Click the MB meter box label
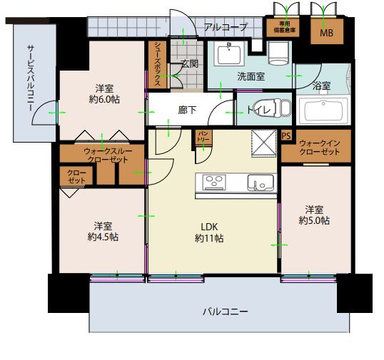click(x=326, y=33)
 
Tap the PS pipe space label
click(x=286, y=135)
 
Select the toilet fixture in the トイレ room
click(x=274, y=108)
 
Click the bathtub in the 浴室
click(x=323, y=111)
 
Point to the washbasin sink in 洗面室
click(x=229, y=53)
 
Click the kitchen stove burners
click(x=214, y=182)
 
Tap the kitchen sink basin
click(x=261, y=182)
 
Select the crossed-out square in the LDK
click(x=264, y=143)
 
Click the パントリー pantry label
click(x=203, y=136)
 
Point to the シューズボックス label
click(x=158, y=64)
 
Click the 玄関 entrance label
click(x=189, y=63)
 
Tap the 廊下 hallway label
click(x=187, y=110)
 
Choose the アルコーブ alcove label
click(x=226, y=27)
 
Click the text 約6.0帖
click(x=104, y=99)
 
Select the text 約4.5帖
click(x=103, y=237)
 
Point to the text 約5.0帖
click(x=314, y=220)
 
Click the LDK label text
click(x=209, y=227)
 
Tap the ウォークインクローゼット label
click(x=319, y=148)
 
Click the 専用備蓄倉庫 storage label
click(x=284, y=27)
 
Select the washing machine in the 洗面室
click(x=278, y=53)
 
